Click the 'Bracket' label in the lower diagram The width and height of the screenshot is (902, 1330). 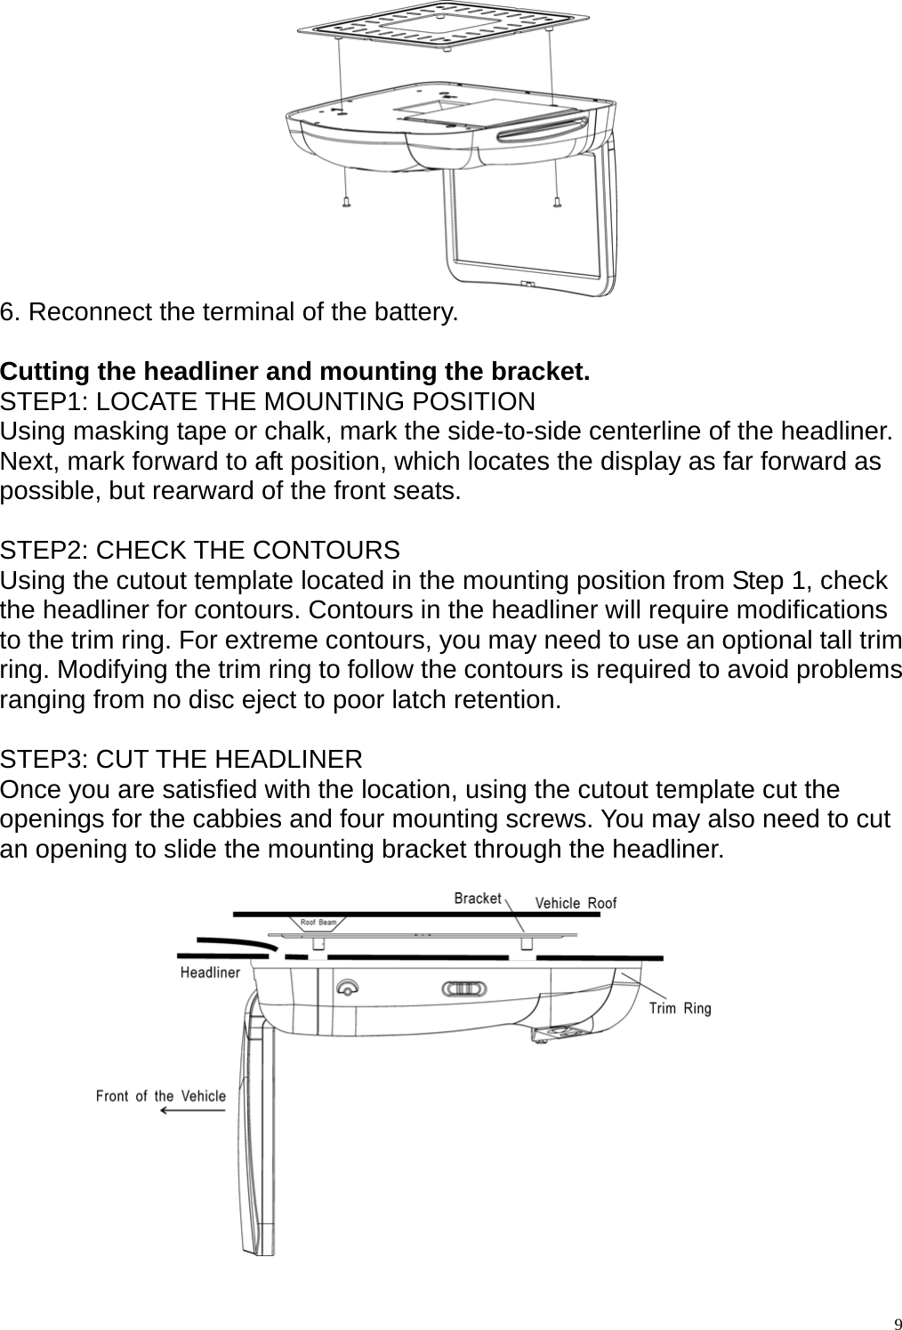(478, 899)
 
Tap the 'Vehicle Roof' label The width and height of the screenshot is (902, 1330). (575, 903)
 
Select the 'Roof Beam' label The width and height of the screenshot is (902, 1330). (318, 923)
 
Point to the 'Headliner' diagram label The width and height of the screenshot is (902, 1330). (210, 972)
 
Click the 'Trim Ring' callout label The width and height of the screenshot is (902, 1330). (680, 1008)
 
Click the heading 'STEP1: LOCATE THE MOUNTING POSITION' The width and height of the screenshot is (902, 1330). (268, 402)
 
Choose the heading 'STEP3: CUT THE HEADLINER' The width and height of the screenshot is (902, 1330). (181, 760)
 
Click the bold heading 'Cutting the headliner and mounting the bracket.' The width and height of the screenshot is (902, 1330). (295, 371)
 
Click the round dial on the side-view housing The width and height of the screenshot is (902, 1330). (346, 987)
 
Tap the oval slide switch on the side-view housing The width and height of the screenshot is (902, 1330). (463, 989)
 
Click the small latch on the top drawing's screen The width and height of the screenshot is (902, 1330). (528, 285)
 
